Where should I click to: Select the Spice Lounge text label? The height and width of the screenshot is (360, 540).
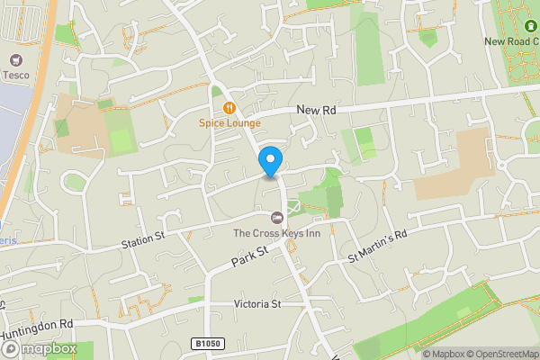[230, 123]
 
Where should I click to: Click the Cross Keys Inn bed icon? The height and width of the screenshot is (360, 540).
[277, 218]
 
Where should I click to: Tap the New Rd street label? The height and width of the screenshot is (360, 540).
[317, 110]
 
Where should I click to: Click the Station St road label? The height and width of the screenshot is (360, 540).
[144, 239]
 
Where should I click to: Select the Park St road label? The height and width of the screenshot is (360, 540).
[249, 256]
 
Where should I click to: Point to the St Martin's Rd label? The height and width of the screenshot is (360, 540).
[378, 246]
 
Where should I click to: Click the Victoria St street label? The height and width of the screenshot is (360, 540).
[256, 304]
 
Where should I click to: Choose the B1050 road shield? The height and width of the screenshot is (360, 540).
[206, 343]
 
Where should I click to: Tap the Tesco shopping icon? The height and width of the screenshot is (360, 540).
[13, 60]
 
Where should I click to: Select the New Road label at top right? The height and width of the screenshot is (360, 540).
[512, 40]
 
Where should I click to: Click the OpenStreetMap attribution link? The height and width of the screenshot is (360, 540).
[496, 354]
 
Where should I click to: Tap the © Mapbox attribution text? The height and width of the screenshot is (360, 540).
[445, 354]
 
